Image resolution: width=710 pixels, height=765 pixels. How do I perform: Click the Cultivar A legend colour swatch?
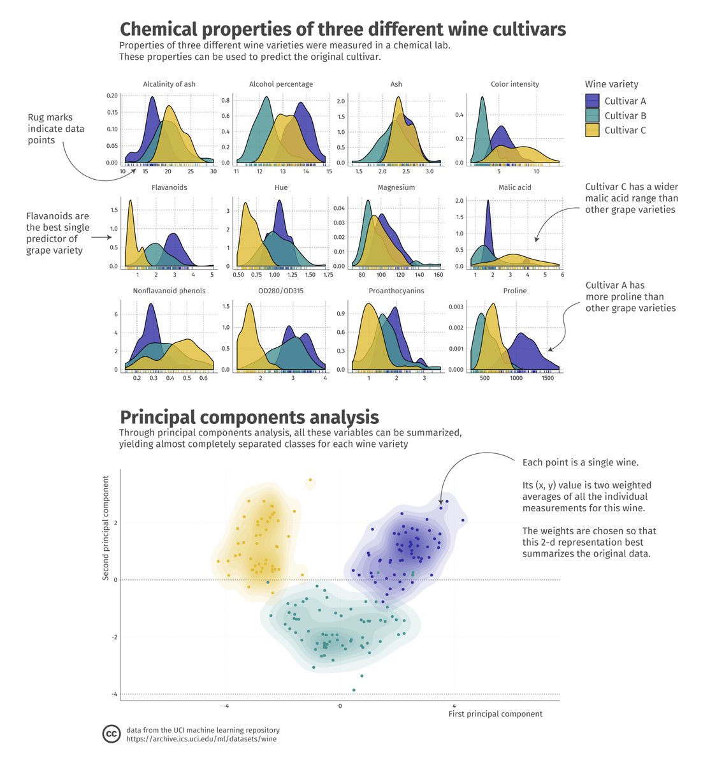point(592,101)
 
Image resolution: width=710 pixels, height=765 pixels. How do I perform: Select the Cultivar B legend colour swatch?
point(592,115)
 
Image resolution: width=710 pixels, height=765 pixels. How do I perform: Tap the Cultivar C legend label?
point(625,130)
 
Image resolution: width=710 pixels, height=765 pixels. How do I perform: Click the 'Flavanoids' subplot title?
point(169,187)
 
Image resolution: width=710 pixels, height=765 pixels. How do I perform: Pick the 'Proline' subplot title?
point(514,291)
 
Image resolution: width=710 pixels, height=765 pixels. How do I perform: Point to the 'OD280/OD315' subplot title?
point(281,291)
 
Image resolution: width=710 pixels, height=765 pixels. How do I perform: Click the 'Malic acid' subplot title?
point(514,187)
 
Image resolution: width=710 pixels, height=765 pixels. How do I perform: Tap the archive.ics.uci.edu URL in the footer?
point(201,739)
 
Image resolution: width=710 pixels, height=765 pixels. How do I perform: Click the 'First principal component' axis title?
point(495,714)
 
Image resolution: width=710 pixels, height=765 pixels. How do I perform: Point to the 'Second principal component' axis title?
point(106,528)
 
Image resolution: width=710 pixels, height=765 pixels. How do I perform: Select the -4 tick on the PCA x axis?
point(226,706)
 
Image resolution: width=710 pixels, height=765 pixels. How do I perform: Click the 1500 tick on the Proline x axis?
point(547,378)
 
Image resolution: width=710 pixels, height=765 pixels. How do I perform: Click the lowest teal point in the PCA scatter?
point(354,690)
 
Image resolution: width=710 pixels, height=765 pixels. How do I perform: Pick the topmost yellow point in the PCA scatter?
point(310,480)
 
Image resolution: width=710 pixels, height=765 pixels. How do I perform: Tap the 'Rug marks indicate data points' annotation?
point(56,129)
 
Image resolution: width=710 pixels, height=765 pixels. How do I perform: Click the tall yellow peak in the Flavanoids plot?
point(130,203)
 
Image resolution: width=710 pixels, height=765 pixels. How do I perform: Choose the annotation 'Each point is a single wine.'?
point(580,462)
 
